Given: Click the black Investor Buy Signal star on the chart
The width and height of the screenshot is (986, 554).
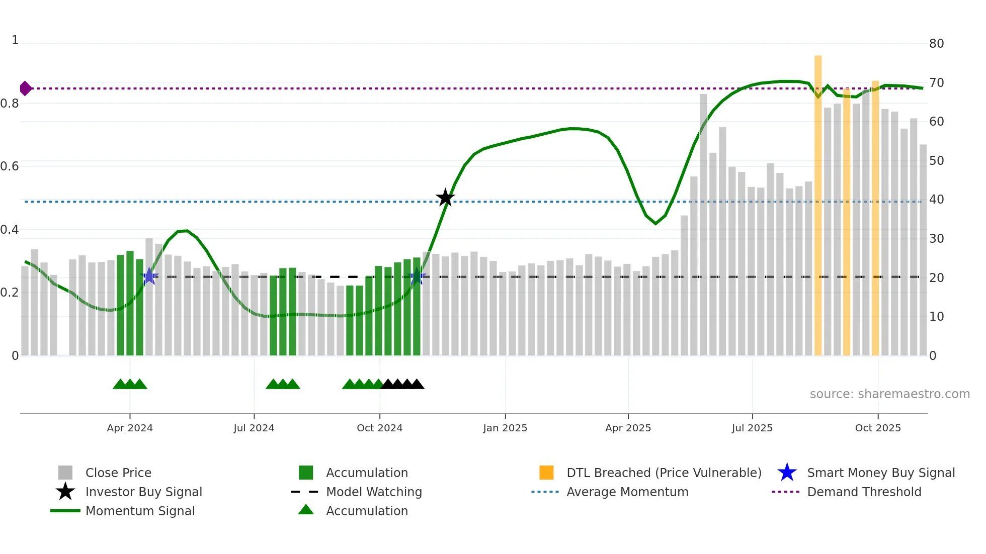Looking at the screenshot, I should (x=445, y=198).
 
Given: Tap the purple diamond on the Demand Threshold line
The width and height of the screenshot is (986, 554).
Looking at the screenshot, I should (x=25, y=88).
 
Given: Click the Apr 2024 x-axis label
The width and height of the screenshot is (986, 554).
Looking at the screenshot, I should (x=130, y=428).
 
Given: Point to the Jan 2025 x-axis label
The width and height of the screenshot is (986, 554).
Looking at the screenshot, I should (x=505, y=428).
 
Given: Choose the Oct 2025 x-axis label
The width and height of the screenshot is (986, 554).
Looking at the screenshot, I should (x=878, y=428).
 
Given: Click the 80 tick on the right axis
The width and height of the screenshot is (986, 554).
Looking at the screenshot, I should (x=936, y=44).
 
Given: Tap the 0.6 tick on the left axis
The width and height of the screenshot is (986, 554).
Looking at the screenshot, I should (x=10, y=166).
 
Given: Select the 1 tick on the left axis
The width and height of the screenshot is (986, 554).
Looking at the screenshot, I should (x=15, y=40).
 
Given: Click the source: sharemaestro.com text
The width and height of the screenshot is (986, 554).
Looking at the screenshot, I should (x=889, y=394).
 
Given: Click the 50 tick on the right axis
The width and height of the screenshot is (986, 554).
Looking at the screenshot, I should (x=936, y=161).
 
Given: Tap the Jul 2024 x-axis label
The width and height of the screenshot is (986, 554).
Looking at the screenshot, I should (x=254, y=428).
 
